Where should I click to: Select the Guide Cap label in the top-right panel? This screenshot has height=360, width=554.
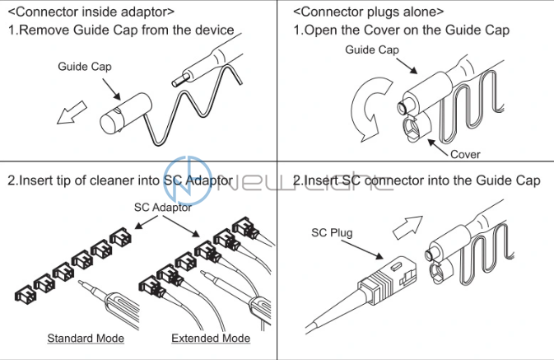coord(371,50)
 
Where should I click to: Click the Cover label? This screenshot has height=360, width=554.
coord(465,153)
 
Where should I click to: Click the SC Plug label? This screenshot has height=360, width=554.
coord(332,233)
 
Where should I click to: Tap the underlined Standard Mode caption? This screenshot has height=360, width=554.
coord(86,338)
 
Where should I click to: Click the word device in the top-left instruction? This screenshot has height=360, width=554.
coord(214,30)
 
